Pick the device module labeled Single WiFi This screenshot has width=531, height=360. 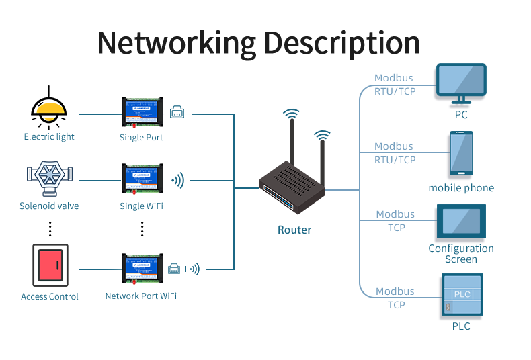click(142, 180)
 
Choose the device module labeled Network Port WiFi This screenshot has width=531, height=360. click(141, 269)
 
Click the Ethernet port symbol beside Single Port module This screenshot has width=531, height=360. click(177, 112)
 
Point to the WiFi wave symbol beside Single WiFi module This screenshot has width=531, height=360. click(177, 180)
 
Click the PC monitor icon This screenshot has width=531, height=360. click(461, 84)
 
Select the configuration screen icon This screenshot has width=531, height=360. click(461, 222)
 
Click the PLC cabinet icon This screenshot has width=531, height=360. click(462, 295)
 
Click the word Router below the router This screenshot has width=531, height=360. click(294, 230)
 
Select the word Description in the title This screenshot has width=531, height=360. click(341, 42)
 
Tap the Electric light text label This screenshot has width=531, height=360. click(49, 137)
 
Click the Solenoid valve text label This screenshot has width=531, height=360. click(49, 206)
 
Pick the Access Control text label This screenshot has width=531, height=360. click(50, 296)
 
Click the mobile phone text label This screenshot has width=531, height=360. click(461, 188)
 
